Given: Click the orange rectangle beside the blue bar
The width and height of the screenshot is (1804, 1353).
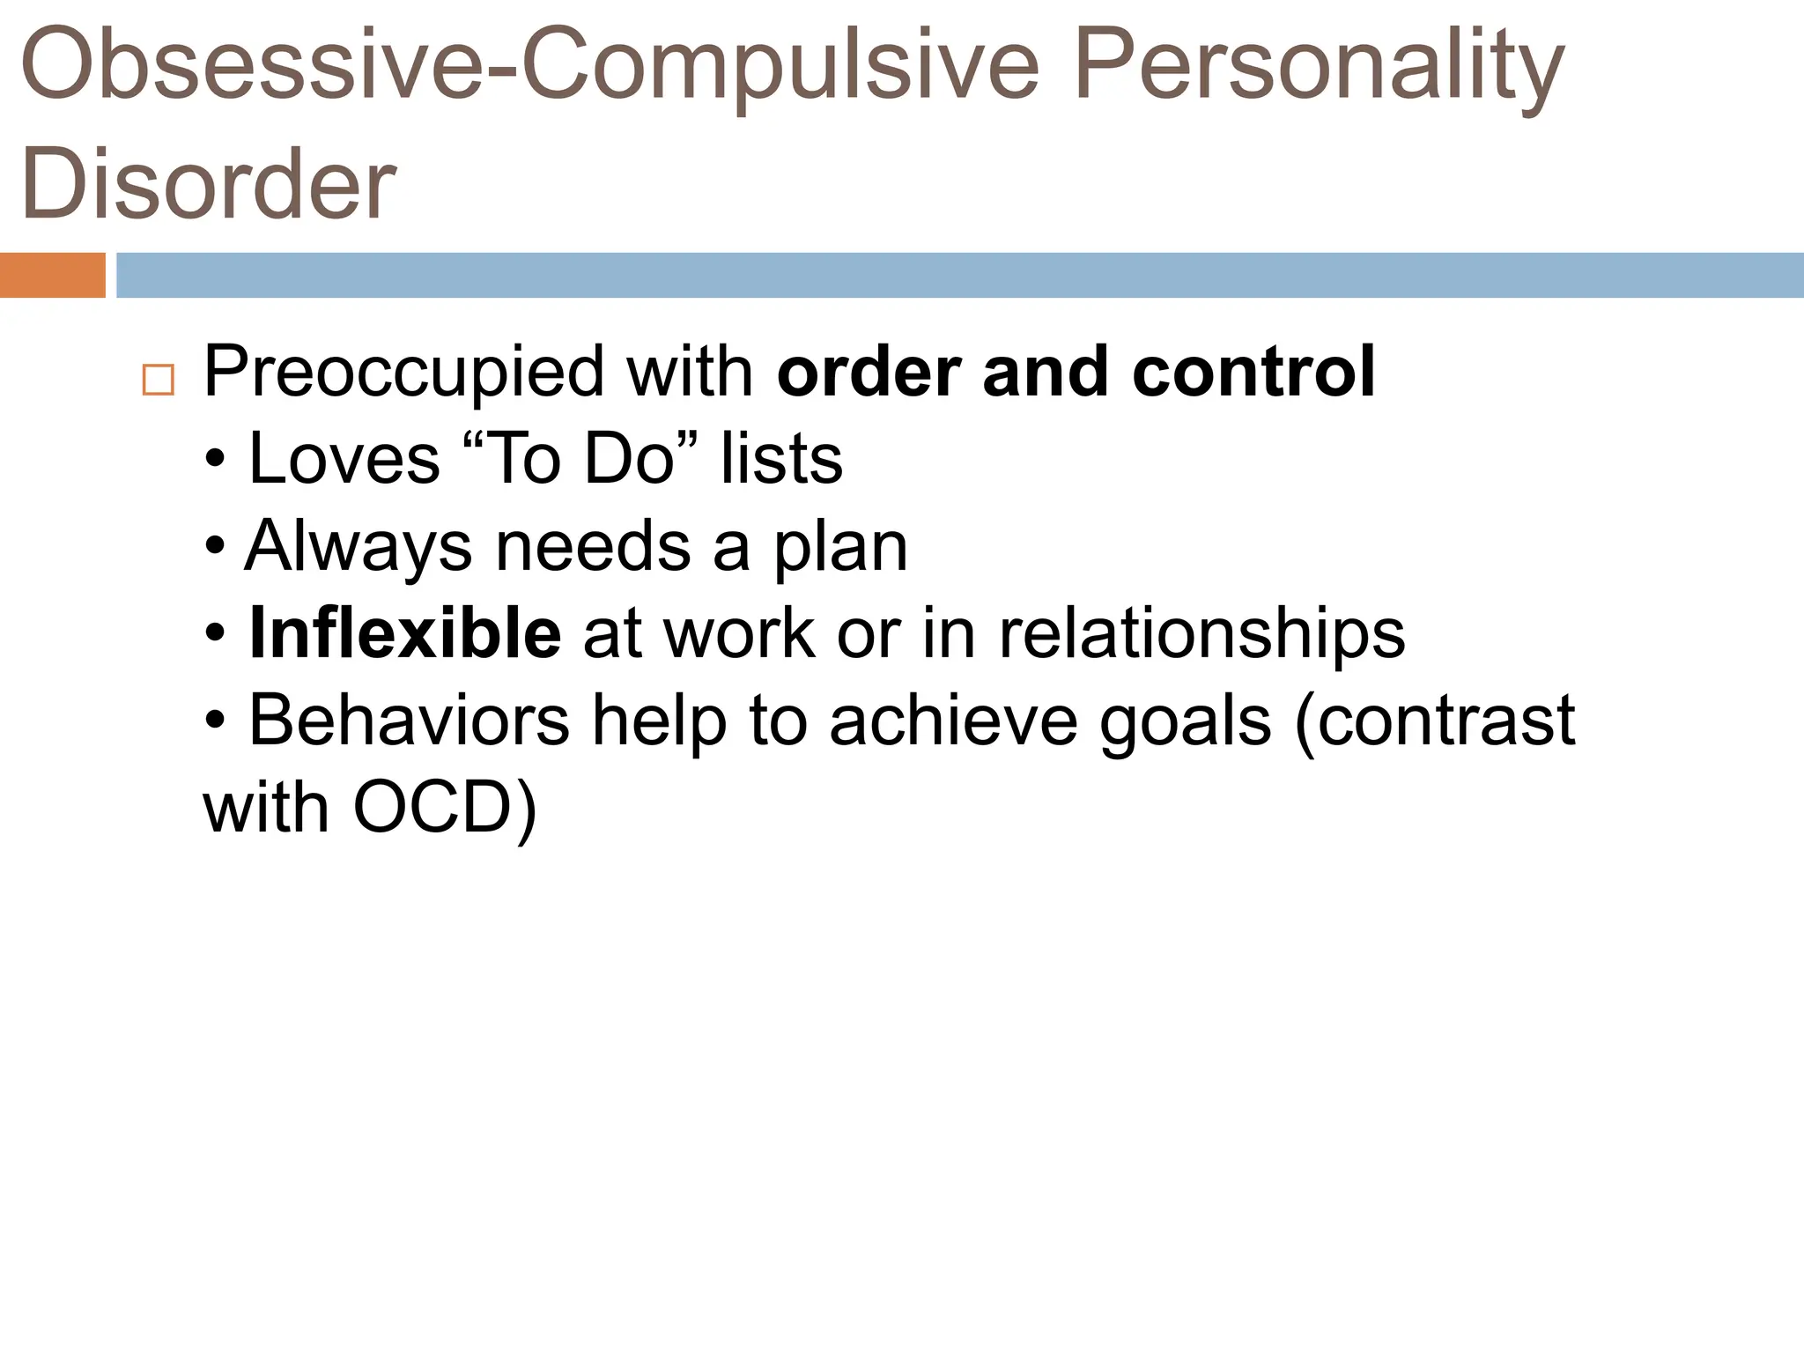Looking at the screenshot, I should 52,275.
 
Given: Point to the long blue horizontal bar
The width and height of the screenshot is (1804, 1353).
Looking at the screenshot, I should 958,275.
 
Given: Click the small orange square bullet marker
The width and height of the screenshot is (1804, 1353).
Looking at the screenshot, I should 158,381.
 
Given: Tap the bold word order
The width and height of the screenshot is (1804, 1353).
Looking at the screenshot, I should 868,372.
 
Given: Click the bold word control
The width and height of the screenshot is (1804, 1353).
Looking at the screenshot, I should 1253,372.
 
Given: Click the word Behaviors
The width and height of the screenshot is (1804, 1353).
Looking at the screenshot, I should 409,721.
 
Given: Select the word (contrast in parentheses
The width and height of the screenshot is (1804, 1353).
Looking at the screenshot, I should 1434,721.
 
